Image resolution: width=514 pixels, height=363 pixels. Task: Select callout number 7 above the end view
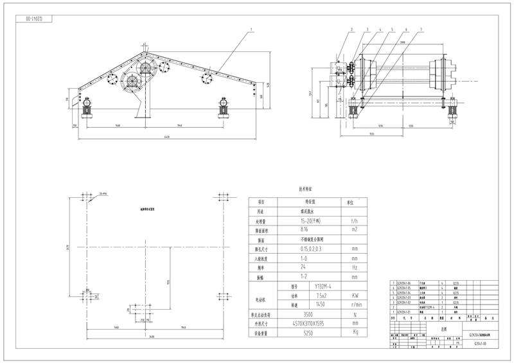(x=420, y=30)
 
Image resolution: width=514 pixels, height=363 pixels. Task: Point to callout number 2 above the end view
(x=352, y=30)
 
